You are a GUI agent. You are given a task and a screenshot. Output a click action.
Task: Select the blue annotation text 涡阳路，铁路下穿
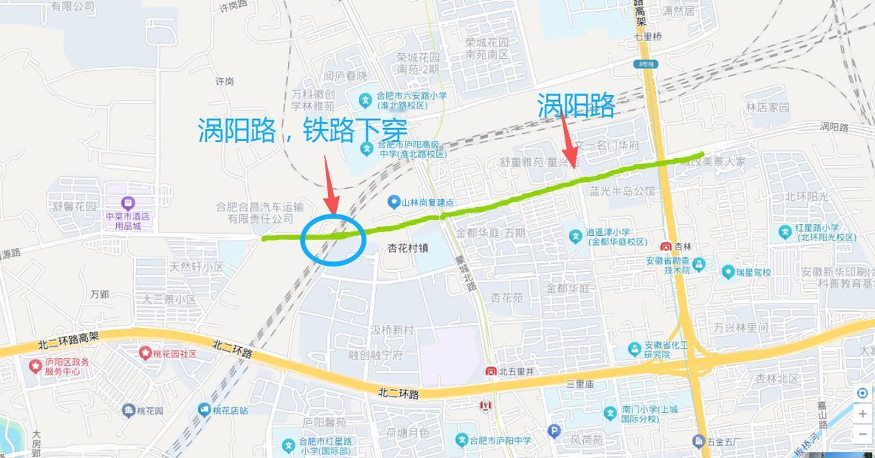pyautogui.click(x=303, y=130)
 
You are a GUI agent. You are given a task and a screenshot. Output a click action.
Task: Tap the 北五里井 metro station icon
pyautogui.click(x=491, y=372)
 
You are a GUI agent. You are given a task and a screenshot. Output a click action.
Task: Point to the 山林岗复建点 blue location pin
pyautogui.click(x=393, y=202)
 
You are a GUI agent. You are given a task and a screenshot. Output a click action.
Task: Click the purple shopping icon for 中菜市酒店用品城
pyautogui.click(x=128, y=203)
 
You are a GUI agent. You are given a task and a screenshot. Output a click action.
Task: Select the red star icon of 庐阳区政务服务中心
pyautogui.click(x=36, y=366)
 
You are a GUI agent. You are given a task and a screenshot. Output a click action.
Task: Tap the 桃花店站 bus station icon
pyautogui.click(x=204, y=410)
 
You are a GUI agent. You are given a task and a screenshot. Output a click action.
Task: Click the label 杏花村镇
pyautogui.click(x=408, y=248)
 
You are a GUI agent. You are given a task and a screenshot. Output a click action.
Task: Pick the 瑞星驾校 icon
pyautogui.click(x=729, y=272)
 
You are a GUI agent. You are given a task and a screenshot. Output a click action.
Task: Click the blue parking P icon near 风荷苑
pyautogui.click(x=554, y=431)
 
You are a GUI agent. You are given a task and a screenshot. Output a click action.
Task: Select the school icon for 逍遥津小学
pyautogui.click(x=576, y=236)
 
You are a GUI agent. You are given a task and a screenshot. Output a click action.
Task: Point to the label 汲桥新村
pyautogui.click(x=392, y=331)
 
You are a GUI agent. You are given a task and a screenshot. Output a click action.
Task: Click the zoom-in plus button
pyautogui.click(x=863, y=414)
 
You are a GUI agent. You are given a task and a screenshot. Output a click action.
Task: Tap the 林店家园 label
pyautogui.click(x=767, y=107)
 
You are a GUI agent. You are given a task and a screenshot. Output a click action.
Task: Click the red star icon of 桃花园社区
pyautogui.click(x=145, y=353)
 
